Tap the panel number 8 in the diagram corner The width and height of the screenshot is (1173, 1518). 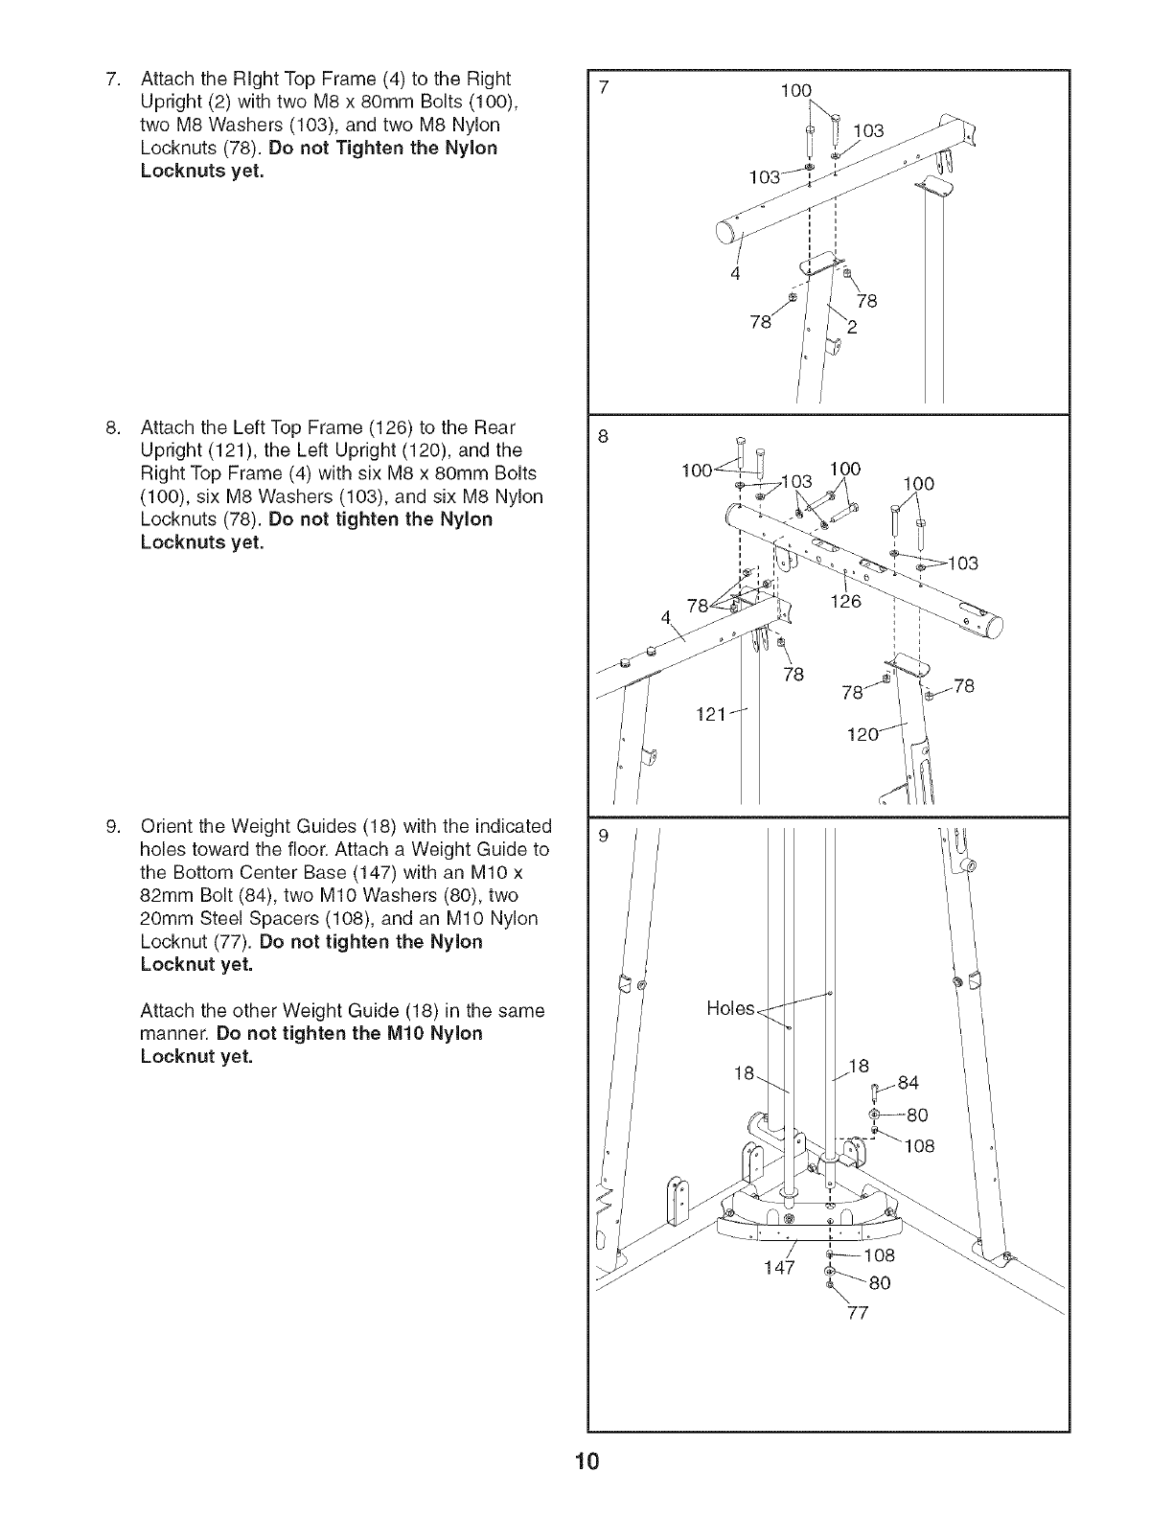(602, 436)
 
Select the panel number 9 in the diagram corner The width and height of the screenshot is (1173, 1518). (602, 835)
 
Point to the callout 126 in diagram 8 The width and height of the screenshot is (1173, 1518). (844, 602)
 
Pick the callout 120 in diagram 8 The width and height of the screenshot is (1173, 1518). (865, 735)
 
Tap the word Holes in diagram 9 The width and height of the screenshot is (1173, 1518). (730, 1008)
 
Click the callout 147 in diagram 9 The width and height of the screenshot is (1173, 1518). (779, 1268)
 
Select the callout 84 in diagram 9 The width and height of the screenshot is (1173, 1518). (908, 1083)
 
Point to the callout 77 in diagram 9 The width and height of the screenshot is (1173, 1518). (857, 1313)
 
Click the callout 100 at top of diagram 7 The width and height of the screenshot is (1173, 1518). (795, 91)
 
